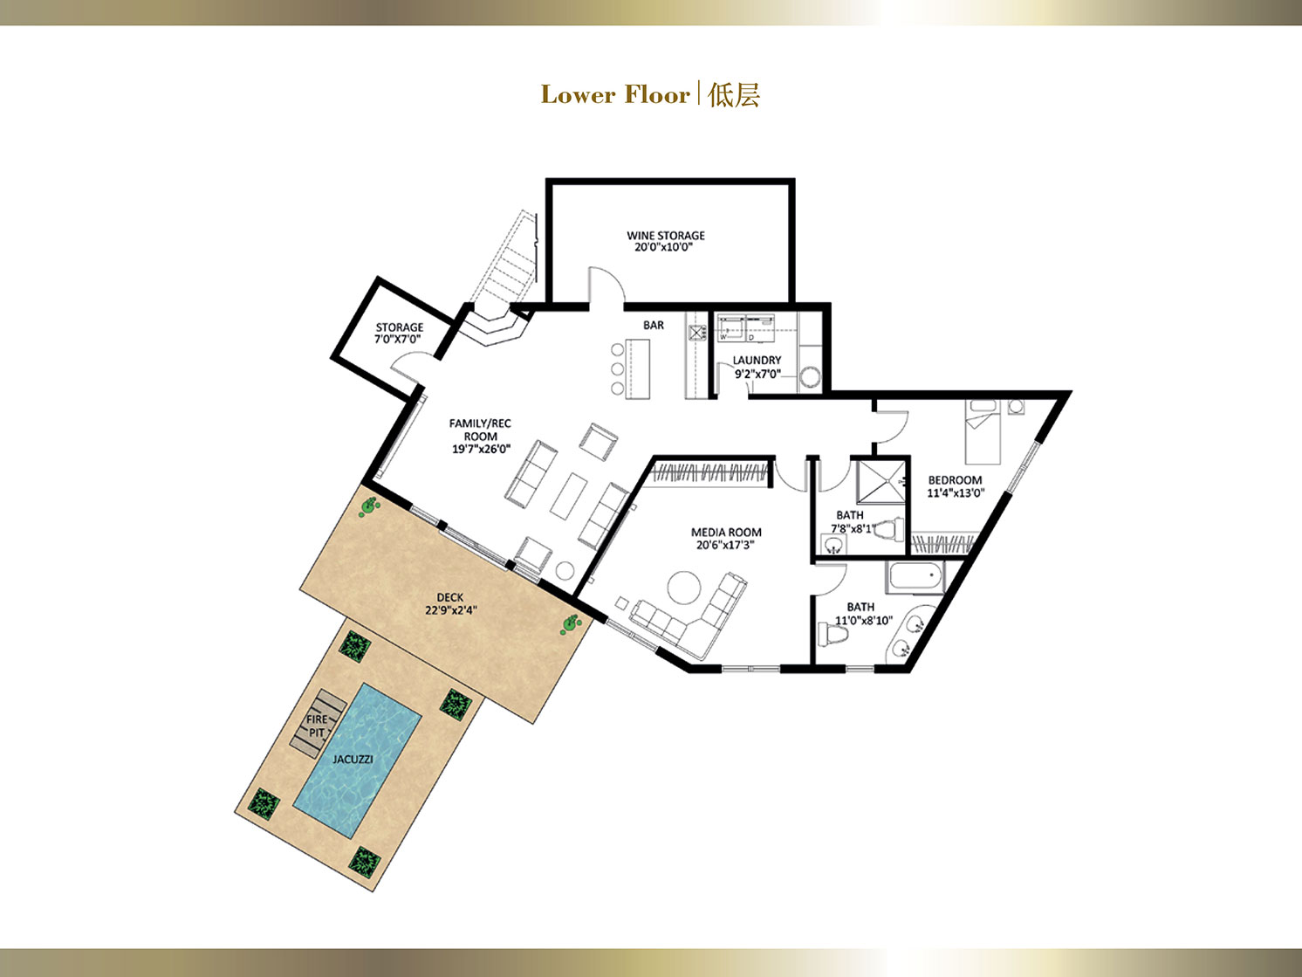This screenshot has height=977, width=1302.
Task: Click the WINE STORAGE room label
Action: (666, 236)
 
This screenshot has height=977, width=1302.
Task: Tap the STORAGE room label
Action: (399, 327)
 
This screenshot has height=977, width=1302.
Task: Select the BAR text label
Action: (653, 325)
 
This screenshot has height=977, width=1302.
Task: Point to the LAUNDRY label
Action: (757, 360)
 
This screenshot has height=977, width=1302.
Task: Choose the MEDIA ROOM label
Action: (726, 533)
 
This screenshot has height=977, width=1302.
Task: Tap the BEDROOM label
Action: (955, 480)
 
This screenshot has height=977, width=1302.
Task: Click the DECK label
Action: (449, 597)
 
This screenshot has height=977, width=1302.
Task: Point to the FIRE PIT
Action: (318, 726)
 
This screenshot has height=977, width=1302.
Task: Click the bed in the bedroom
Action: (983, 431)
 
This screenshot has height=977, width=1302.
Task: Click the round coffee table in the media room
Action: (685, 588)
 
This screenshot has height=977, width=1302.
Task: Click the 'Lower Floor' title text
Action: (616, 95)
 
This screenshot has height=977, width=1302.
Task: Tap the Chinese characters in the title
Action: (734, 95)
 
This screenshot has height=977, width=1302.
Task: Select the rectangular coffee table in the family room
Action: (568, 493)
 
